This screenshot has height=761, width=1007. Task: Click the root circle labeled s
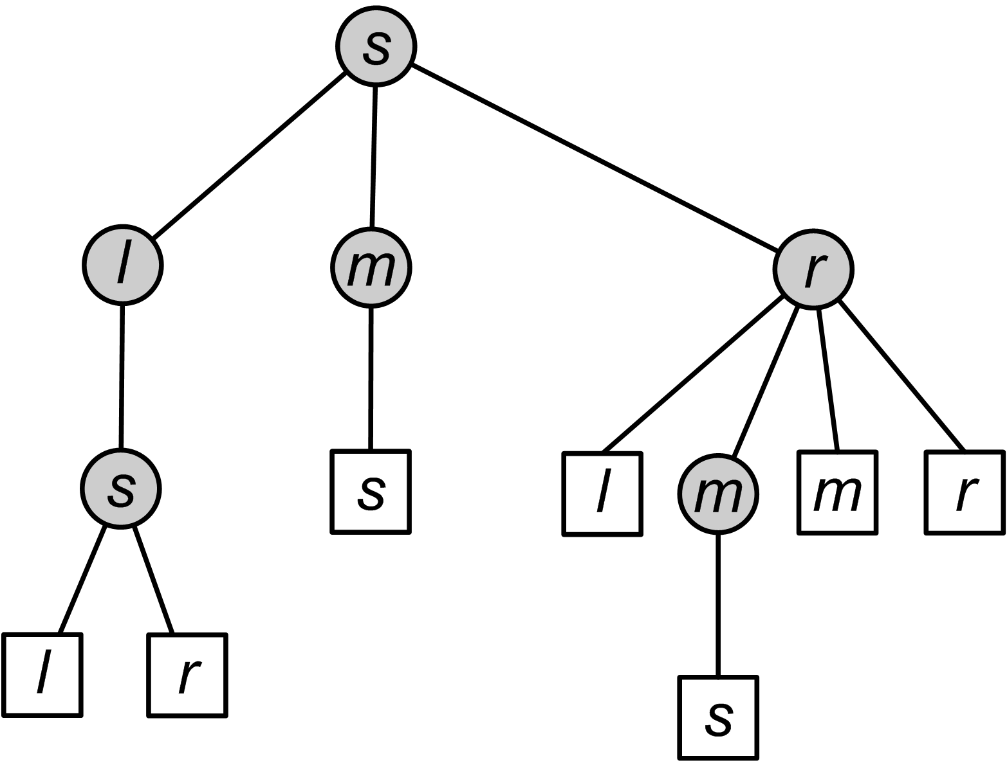376,47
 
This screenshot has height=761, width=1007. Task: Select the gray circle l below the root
123,264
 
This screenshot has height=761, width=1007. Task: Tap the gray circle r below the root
813,269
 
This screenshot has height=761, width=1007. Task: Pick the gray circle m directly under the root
371,268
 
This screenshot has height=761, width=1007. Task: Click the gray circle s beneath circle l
121,488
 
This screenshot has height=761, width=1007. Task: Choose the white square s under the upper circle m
371,492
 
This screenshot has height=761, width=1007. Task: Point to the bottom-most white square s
718,718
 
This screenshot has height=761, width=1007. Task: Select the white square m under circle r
837,492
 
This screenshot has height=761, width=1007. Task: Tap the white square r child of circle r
965,492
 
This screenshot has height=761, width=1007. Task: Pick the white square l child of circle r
602,494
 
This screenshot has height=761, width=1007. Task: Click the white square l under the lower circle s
42,674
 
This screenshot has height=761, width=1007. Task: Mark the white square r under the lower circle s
187,676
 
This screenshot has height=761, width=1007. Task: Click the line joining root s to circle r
593,157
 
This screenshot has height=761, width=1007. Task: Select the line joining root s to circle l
249,155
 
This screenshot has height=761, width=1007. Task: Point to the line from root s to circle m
374,156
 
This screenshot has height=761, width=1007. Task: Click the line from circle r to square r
902,375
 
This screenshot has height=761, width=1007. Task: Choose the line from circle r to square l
692,375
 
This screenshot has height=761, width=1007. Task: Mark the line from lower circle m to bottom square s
718,604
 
